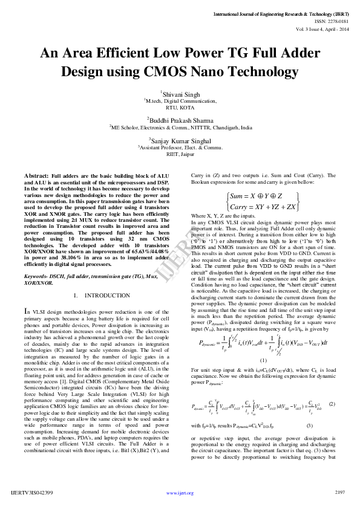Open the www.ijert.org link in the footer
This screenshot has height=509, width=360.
180,493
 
